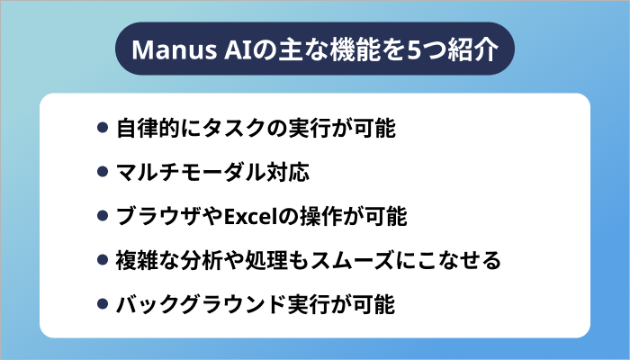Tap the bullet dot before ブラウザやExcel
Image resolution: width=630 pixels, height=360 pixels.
pos(103,217)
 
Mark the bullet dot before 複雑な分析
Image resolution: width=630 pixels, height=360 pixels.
pos(103,261)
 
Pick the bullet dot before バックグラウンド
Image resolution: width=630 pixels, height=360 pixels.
pos(103,305)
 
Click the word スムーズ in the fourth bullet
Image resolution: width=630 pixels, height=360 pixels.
pos(382,261)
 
